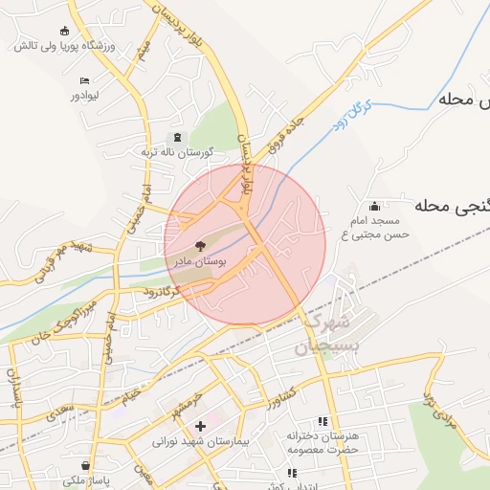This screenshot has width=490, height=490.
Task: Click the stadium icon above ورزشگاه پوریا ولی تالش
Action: coord(64,30)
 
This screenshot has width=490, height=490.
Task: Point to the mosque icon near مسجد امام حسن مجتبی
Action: coord(374,206)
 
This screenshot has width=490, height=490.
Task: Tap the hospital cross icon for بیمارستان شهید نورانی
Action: coord(199,426)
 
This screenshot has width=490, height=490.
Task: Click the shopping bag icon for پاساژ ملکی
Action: coord(84,466)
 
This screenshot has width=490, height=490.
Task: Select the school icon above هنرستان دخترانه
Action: coord(323,421)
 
